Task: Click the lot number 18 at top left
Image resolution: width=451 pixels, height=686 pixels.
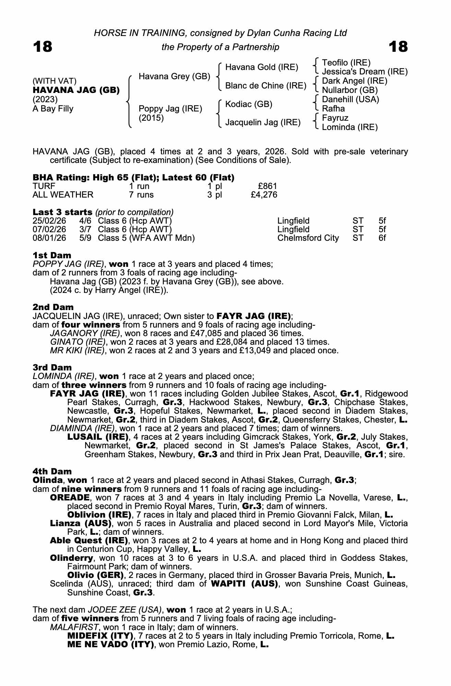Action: pos(43,47)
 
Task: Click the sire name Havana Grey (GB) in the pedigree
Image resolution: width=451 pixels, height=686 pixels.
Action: pos(174,76)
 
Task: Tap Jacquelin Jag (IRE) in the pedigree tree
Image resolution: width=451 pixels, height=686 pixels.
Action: pos(263,122)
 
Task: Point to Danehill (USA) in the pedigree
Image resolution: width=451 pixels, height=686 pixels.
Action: pos(351,99)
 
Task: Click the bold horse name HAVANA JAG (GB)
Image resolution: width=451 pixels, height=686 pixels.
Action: pos(76,90)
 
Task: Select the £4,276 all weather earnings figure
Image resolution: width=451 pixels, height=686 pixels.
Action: pos(264,195)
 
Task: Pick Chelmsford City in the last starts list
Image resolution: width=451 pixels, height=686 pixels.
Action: pos(308,238)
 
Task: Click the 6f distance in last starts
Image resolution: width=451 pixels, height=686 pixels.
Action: pos(382,238)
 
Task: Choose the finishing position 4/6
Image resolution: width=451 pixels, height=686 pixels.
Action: pos(85,221)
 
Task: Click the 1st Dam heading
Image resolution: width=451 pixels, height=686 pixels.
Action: pos(52,255)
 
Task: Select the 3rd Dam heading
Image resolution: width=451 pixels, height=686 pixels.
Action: pos(52,367)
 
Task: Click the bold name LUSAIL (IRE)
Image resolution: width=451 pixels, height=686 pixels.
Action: pos(98,437)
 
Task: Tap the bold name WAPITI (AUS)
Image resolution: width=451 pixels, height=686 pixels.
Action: pos(244,584)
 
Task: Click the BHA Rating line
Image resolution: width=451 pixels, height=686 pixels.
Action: pos(133,177)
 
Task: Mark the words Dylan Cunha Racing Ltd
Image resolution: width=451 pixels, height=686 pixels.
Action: pos(292,33)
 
